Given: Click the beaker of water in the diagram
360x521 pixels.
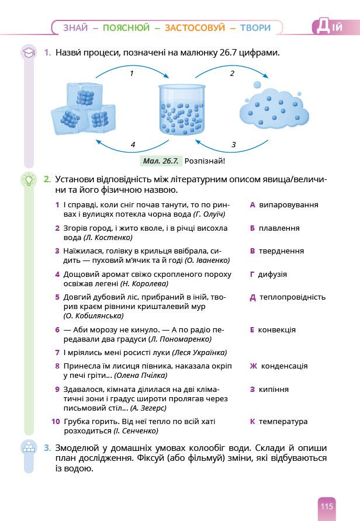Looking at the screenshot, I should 183,109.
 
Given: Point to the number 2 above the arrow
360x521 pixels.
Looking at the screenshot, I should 232,74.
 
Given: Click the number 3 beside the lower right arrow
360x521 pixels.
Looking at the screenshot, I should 233,144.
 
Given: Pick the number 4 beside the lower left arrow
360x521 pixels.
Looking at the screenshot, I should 133,144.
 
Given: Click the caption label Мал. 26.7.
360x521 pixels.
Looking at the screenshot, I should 161,161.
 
